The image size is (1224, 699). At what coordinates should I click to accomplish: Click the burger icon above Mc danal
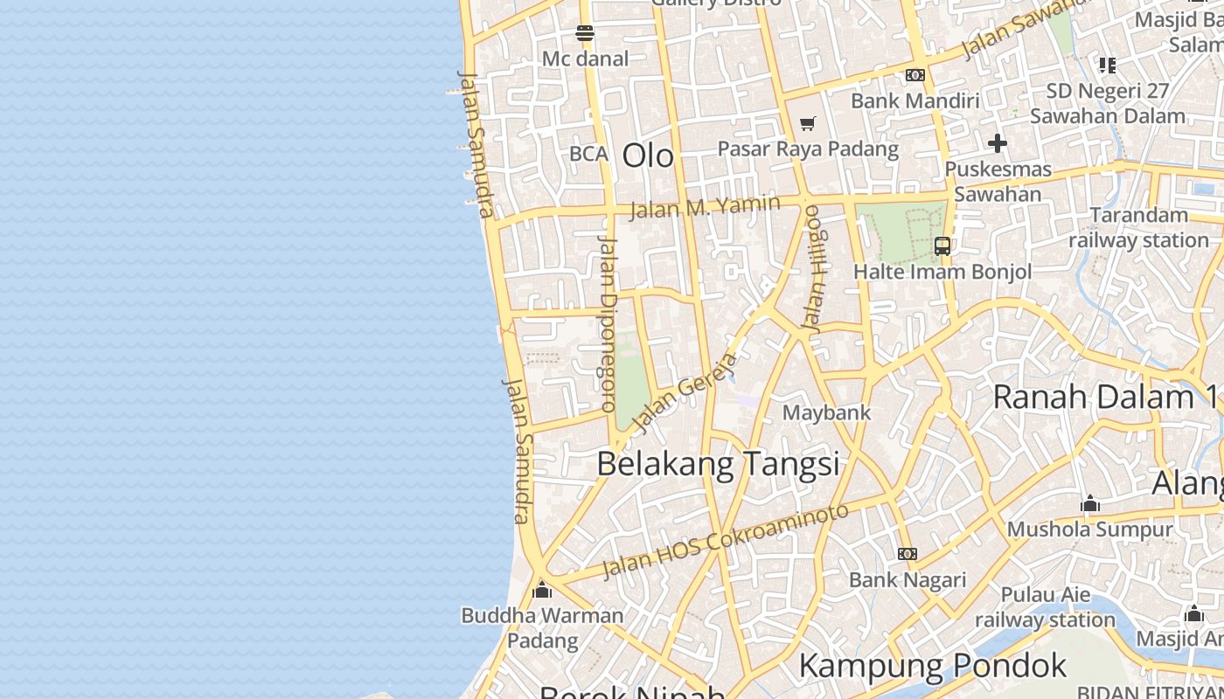585,34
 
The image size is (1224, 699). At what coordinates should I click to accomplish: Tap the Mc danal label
585,59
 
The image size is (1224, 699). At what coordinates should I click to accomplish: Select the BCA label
588,154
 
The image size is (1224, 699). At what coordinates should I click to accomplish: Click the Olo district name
648,156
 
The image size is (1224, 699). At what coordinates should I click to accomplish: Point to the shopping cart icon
807,124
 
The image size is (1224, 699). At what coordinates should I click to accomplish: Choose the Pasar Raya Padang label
808,149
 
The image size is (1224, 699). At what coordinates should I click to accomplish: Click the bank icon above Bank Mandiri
915,76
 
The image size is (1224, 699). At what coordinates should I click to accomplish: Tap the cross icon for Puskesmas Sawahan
998,143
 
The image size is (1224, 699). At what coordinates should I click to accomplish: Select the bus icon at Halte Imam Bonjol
942,246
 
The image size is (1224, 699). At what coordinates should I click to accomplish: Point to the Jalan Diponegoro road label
608,323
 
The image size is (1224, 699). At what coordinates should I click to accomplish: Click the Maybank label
826,412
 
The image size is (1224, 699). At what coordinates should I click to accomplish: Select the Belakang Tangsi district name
718,463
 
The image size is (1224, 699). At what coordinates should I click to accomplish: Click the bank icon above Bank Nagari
908,554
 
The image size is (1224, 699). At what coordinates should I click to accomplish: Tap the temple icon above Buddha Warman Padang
542,590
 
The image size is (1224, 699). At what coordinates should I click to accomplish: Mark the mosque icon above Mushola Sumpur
1089,504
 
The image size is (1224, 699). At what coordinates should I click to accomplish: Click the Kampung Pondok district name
932,666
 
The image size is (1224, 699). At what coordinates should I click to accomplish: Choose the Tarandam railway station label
1138,227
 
